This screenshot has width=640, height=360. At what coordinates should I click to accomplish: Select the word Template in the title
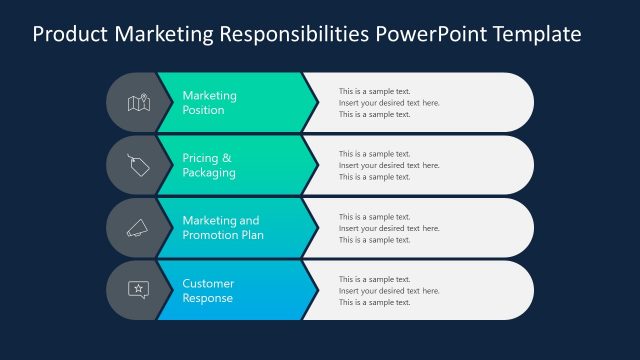pyautogui.click(x=533, y=34)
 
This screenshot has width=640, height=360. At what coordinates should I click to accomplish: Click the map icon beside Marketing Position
pyautogui.click(x=137, y=102)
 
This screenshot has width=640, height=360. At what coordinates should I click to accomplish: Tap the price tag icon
pyautogui.click(x=137, y=165)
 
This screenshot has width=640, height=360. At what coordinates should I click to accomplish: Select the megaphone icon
pyautogui.click(x=137, y=228)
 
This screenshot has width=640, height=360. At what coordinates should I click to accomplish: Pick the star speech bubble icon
pyautogui.click(x=137, y=290)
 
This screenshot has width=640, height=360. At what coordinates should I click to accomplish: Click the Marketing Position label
pyautogui.click(x=210, y=103)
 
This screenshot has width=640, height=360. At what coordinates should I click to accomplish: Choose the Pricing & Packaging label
pyautogui.click(x=209, y=165)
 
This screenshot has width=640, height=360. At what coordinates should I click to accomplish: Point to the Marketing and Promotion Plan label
pyautogui.click(x=223, y=228)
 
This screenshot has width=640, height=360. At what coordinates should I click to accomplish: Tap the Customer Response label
pyautogui.click(x=208, y=290)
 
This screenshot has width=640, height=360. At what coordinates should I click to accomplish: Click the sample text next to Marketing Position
pyautogui.click(x=389, y=103)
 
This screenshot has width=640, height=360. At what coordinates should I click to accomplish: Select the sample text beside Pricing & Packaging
pyautogui.click(x=389, y=165)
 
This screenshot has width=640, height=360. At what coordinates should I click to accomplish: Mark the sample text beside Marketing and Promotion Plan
pyautogui.click(x=389, y=228)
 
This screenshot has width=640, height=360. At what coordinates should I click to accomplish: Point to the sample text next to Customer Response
pyautogui.click(x=389, y=290)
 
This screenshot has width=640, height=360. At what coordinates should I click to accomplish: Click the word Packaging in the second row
pyautogui.click(x=209, y=173)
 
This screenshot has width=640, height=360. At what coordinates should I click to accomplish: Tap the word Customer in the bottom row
pyautogui.click(x=208, y=283)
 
